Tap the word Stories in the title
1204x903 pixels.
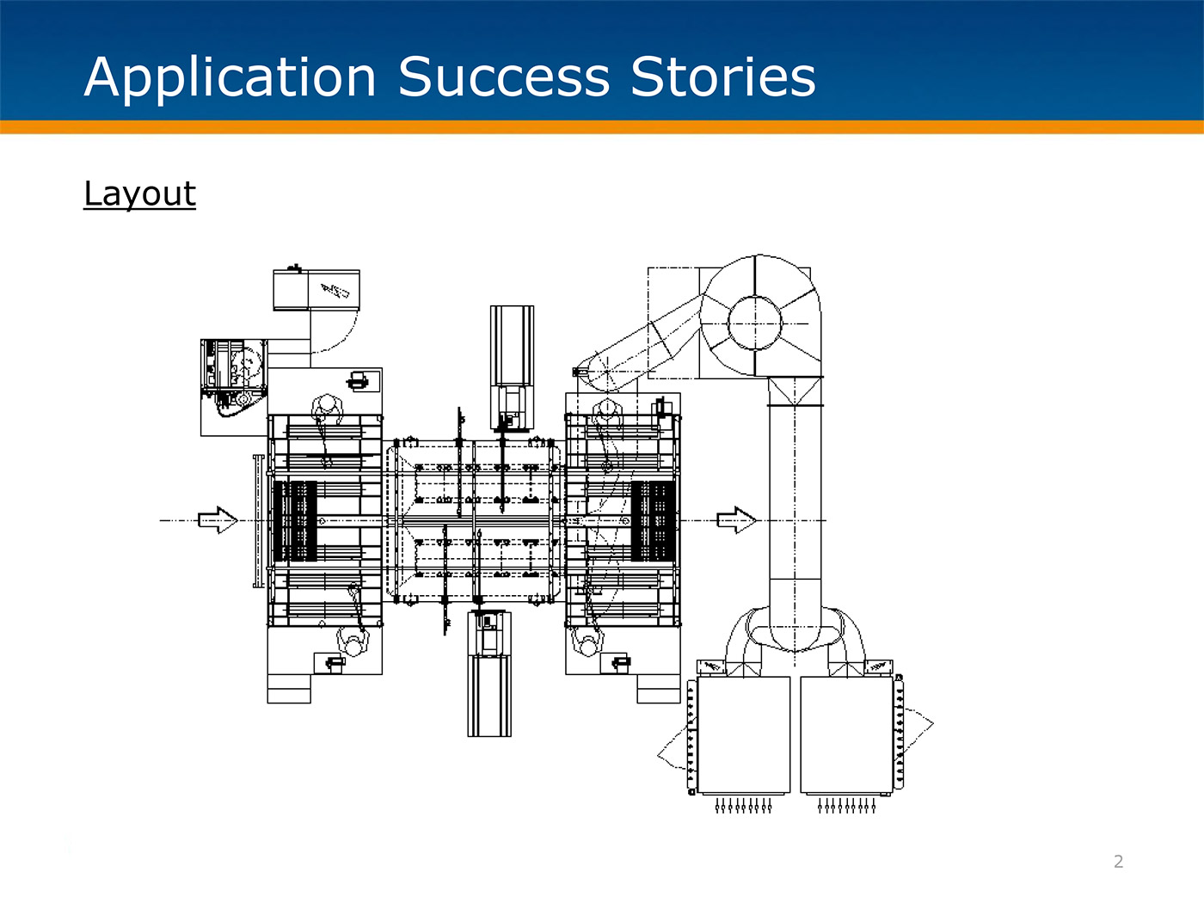click(723, 77)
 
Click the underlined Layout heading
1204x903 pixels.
click(140, 193)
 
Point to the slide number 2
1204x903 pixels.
click(1118, 862)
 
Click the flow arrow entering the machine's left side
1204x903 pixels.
click(218, 519)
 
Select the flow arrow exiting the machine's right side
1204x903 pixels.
click(736, 519)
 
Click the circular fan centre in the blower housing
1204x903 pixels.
click(755, 323)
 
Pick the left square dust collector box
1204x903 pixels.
click(743, 734)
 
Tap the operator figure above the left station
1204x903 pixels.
click(327, 406)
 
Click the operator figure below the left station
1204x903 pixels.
click(351, 642)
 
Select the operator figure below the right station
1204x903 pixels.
click(588, 643)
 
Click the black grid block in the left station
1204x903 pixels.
click(295, 520)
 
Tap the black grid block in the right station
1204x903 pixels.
click(654, 520)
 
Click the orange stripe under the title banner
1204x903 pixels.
click(602, 127)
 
